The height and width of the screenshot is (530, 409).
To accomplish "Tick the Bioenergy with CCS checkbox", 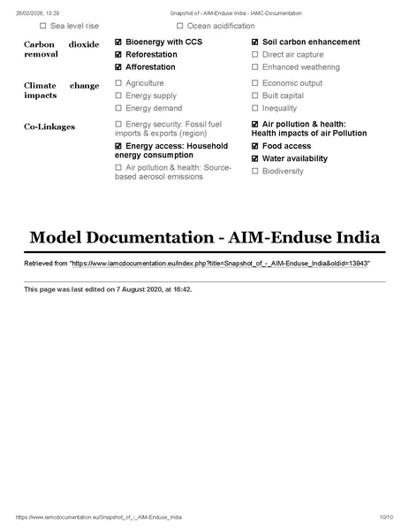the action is [119, 42].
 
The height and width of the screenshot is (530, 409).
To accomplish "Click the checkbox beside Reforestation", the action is [119, 55].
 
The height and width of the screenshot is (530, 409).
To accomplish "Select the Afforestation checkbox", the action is [119, 67].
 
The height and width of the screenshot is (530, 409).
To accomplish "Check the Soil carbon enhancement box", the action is [255, 42].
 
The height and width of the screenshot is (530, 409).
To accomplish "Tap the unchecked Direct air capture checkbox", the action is [255, 55].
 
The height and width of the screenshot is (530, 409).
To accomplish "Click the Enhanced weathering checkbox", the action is [255, 67].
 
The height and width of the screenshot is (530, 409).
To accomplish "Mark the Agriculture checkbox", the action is [119, 83].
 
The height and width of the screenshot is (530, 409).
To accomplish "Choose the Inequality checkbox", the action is [255, 108].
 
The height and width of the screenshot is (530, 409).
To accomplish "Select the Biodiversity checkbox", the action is [255, 172].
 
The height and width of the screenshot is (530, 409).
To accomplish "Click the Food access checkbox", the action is [255, 147].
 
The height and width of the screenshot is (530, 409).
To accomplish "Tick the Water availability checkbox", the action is [255, 159].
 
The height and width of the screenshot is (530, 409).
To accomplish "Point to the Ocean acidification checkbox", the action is [181, 27].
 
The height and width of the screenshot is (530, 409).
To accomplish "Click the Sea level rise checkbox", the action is [44, 27].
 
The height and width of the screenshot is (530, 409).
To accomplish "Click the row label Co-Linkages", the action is [49, 127].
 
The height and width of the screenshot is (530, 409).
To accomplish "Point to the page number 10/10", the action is [386, 517].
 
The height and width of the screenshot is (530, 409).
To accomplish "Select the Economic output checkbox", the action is [255, 83].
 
